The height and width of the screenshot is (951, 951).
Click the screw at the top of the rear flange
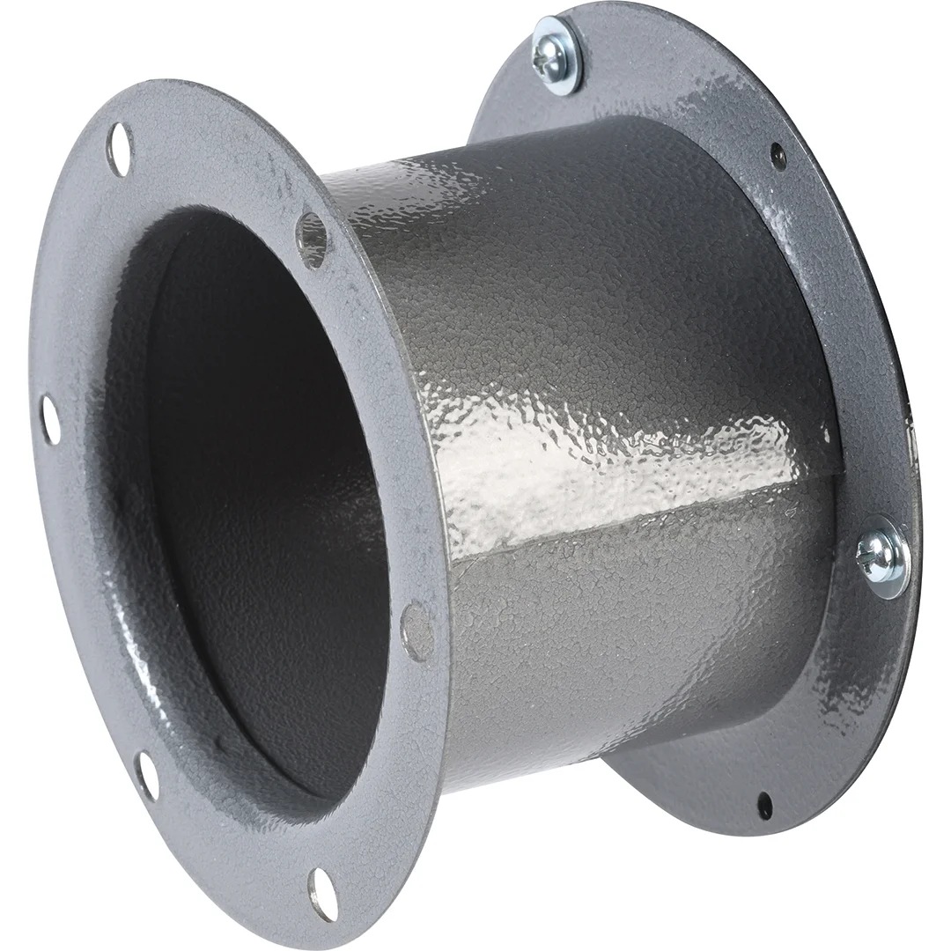click(557, 54)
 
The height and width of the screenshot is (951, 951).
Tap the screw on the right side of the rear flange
click(883, 557)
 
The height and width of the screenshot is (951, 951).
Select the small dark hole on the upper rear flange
click(778, 156)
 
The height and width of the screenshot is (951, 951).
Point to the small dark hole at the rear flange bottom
click(764, 804)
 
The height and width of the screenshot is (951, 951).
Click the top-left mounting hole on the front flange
click(119, 149)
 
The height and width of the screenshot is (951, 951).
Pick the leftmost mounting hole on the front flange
click(50, 420)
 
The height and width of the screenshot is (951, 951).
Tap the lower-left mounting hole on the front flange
click(147, 775)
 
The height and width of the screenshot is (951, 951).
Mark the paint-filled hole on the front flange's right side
click(417, 630)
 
